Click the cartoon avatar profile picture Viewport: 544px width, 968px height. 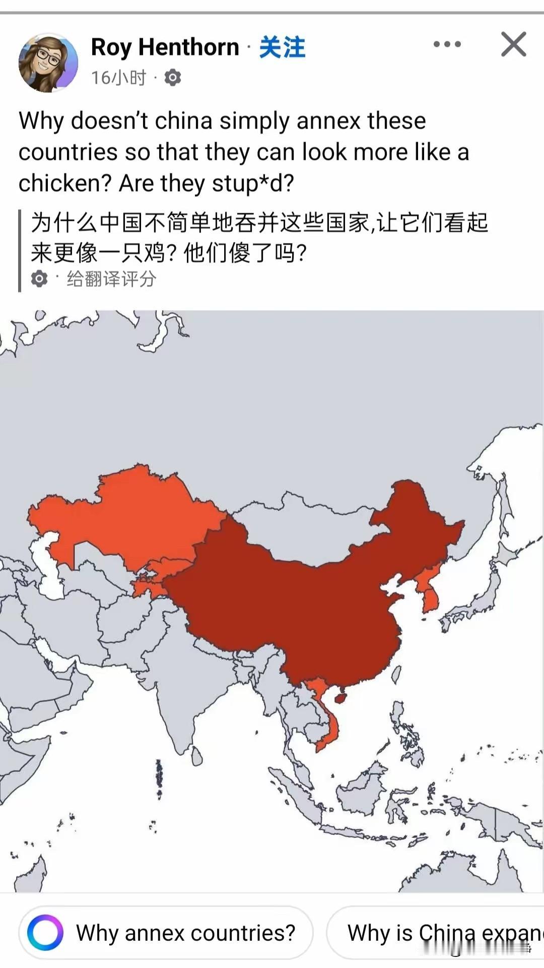[48, 63]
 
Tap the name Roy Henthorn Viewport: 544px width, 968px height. [165, 47]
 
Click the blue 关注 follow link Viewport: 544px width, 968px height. [282, 47]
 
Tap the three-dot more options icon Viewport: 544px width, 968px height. [447, 44]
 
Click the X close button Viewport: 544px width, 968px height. [513, 44]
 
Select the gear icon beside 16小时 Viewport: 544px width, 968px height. [173, 78]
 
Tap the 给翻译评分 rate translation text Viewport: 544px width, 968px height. [111, 279]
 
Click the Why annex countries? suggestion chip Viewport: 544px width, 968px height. [166, 933]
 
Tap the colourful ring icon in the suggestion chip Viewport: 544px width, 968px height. [45, 933]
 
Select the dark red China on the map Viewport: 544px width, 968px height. [302, 605]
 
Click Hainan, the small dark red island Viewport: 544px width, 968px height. [341, 698]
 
